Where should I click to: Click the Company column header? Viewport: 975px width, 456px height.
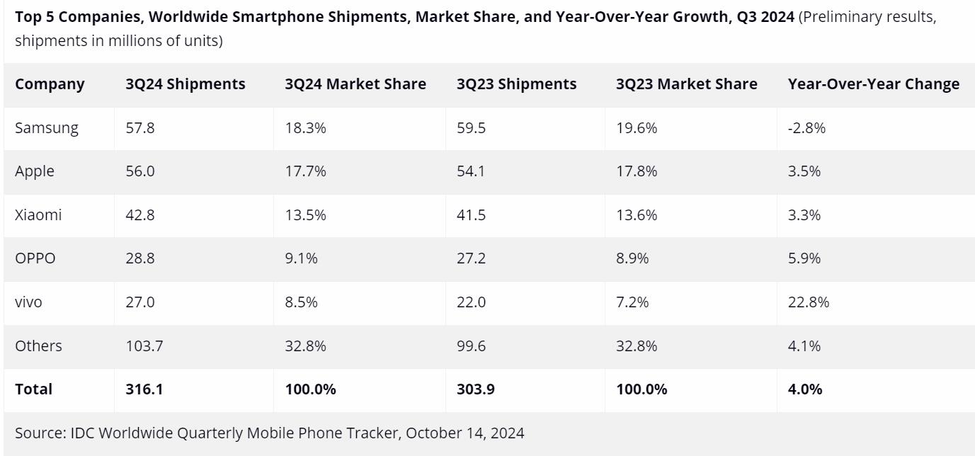[50, 84]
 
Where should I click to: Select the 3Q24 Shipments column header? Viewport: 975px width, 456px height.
[186, 84]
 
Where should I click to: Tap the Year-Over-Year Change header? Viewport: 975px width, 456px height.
[874, 84]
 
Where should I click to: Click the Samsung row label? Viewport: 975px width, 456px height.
[47, 128]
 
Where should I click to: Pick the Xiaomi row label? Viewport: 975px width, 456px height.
[38, 215]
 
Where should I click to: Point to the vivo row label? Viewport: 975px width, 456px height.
[28, 302]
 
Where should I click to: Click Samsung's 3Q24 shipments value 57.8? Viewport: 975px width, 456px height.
[140, 128]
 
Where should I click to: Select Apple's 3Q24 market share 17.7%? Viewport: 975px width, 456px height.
[306, 171]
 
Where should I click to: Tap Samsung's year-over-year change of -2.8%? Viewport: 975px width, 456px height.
[807, 128]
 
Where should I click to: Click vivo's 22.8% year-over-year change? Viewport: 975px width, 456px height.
[809, 302]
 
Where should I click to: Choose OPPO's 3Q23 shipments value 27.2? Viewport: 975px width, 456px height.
[472, 258]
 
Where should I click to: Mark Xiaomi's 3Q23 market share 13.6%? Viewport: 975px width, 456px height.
[637, 215]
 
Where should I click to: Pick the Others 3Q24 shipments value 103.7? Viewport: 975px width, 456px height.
[144, 346]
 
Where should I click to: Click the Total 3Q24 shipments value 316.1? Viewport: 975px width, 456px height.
[144, 389]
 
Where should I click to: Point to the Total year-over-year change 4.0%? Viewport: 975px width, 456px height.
[805, 389]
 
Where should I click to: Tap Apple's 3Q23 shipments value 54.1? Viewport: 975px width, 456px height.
[471, 171]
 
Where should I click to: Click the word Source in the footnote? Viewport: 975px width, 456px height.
[39, 433]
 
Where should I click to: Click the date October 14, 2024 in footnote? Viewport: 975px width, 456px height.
[465, 433]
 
